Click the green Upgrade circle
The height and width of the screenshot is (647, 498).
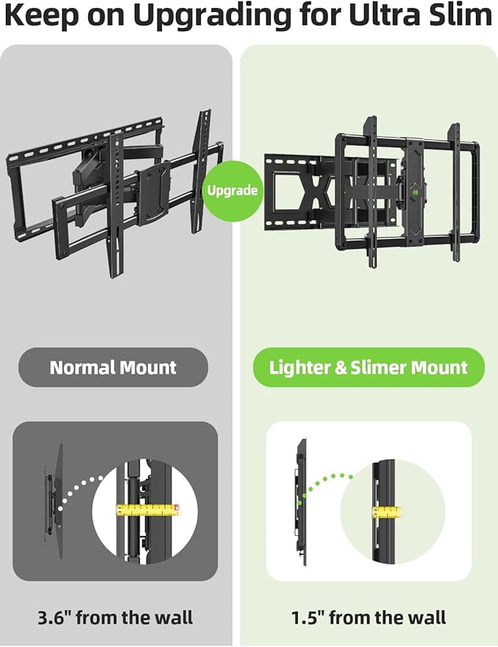232,190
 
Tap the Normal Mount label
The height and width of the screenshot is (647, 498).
113,367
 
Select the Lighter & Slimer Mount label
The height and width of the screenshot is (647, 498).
369,367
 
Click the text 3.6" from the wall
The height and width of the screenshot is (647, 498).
115,617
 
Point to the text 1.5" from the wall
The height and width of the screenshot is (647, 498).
369,617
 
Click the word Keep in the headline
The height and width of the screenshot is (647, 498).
38,16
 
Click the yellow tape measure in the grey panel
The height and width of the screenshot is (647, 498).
148,509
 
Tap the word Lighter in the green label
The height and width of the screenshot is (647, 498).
299,367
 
